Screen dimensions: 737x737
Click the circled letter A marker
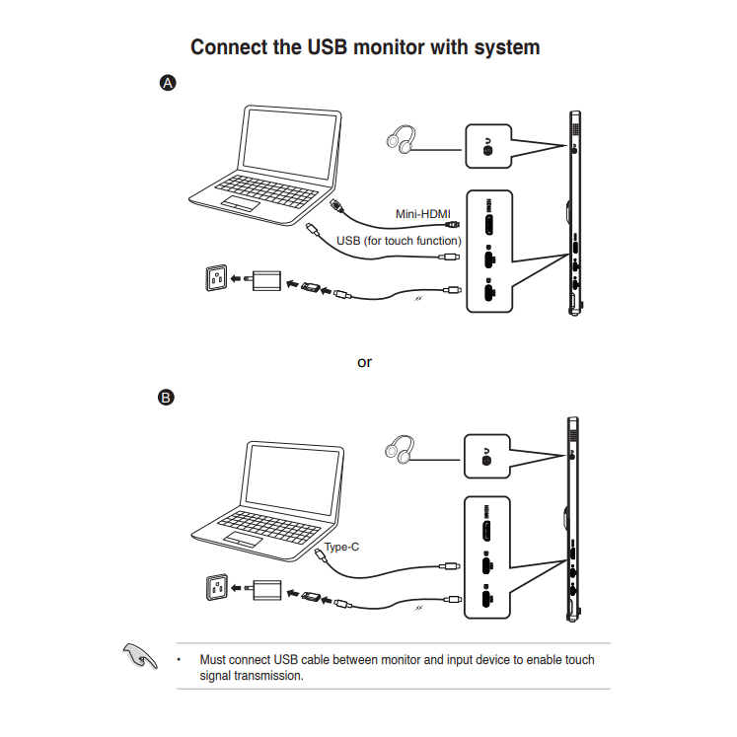click(x=168, y=84)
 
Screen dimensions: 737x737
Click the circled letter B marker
click(x=168, y=399)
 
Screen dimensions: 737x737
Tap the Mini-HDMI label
click(x=422, y=214)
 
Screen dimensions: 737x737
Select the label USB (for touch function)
click(x=398, y=240)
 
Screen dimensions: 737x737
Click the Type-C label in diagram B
click(x=341, y=546)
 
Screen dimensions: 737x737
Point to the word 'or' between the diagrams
click(x=365, y=362)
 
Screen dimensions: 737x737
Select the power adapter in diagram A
click(x=265, y=281)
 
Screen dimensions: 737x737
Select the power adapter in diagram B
click(x=265, y=590)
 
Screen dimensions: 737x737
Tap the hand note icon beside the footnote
click(x=138, y=655)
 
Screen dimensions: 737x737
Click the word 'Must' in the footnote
click(x=213, y=660)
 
